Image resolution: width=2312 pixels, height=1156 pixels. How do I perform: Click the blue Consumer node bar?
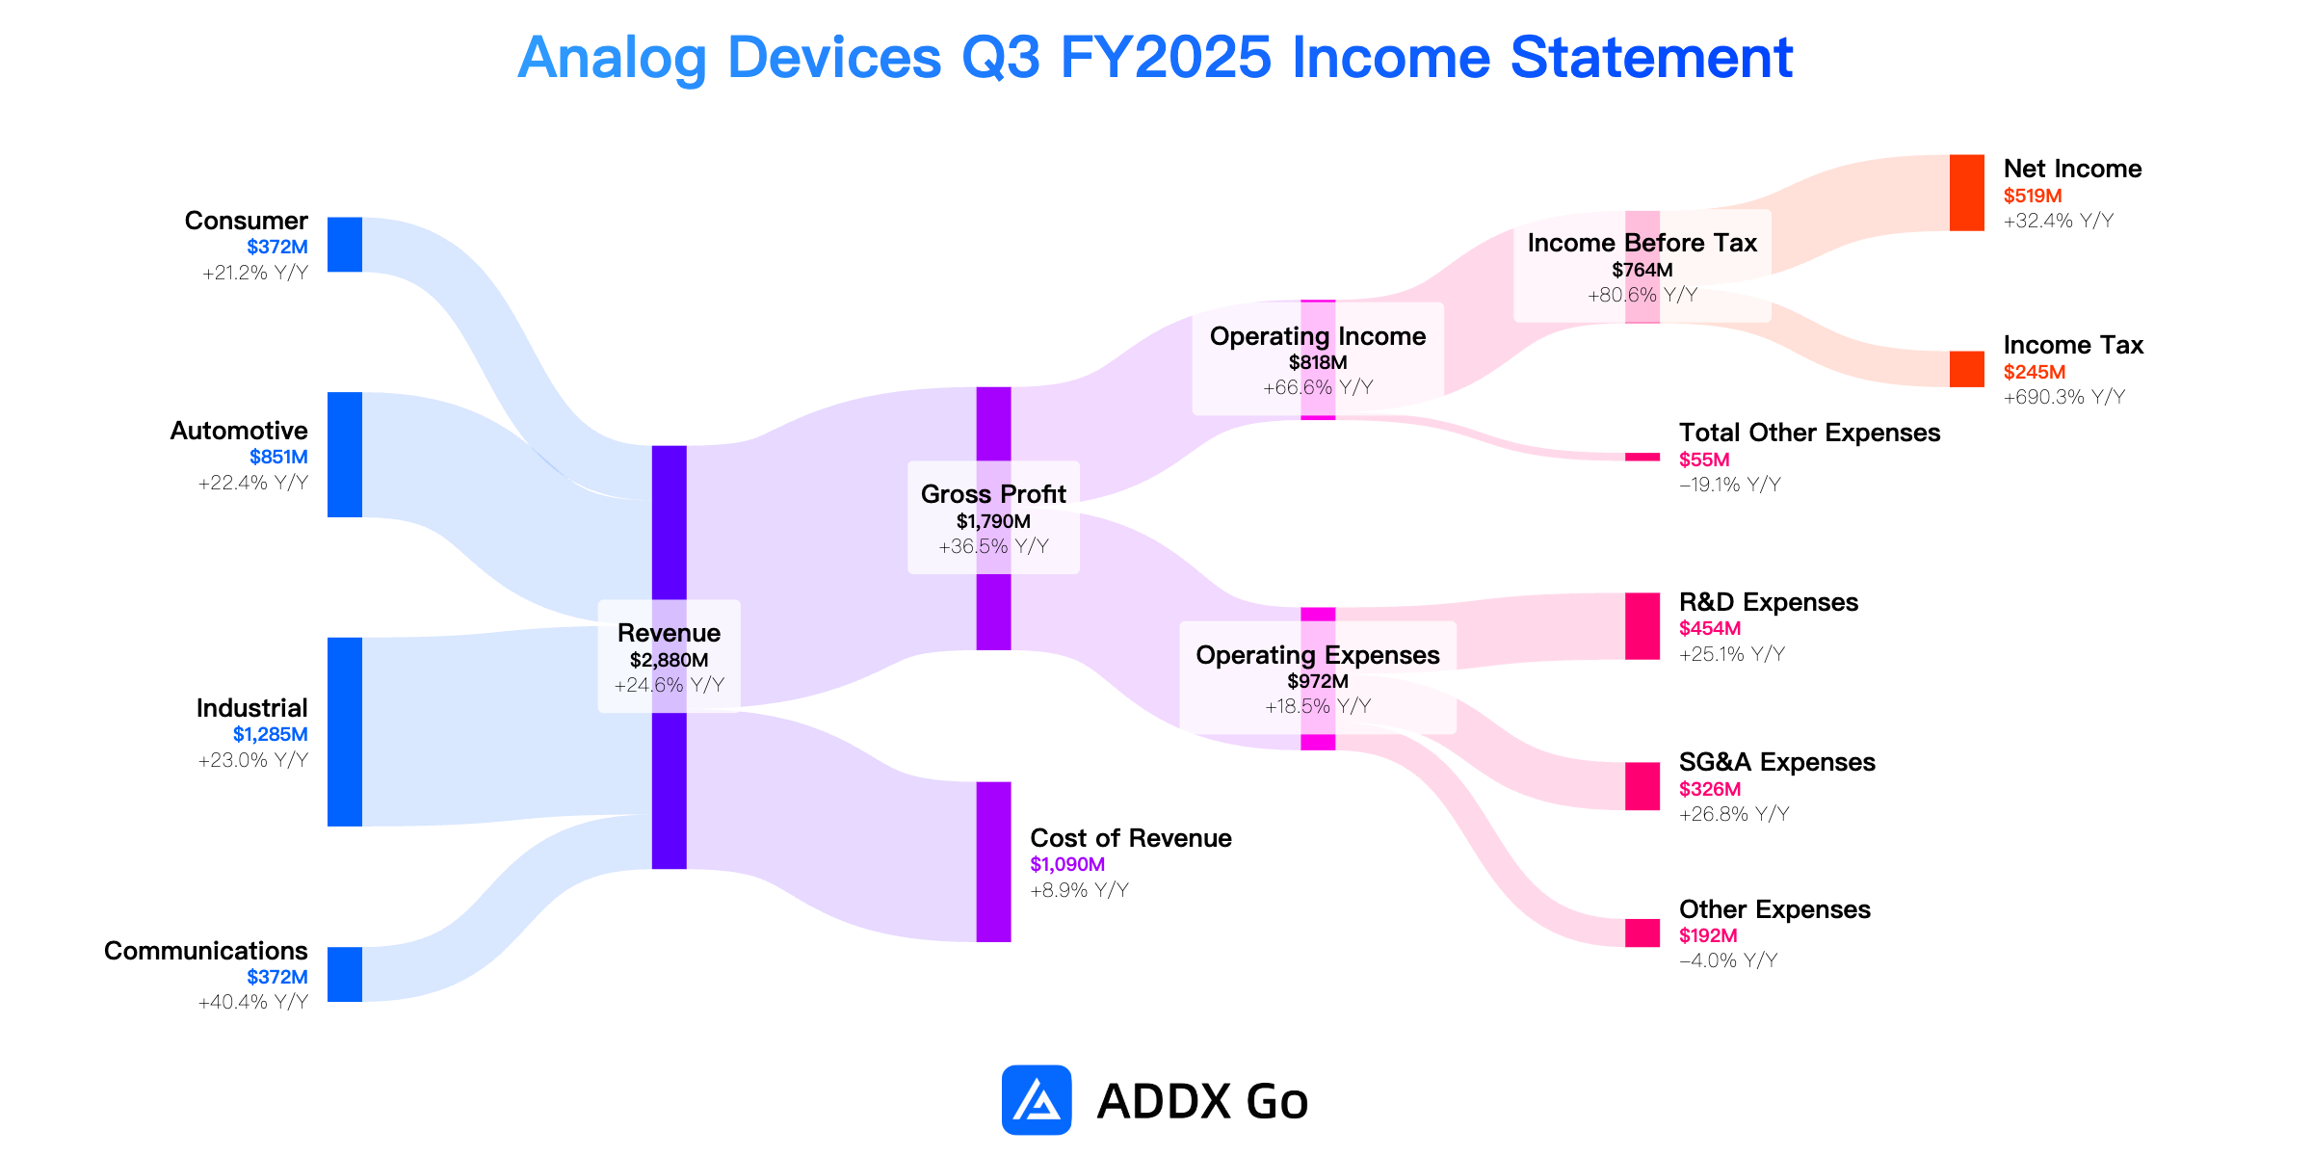(x=345, y=245)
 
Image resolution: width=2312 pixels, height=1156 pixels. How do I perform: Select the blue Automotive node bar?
(x=345, y=455)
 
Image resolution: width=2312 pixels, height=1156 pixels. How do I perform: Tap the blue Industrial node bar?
(x=345, y=732)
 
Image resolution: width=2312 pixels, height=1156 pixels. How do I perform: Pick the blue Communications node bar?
(x=345, y=974)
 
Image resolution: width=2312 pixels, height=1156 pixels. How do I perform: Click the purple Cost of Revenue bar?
(x=994, y=862)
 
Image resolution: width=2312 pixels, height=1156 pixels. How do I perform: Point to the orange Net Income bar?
(x=1967, y=193)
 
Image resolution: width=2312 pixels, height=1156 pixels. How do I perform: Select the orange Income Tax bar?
(x=1967, y=369)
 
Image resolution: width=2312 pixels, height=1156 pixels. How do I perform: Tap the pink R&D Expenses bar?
(x=1642, y=626)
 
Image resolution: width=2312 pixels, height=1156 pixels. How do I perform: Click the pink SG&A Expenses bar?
(x=1642, y=786)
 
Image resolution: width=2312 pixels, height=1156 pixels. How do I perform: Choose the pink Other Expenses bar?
(x=1642, y=933)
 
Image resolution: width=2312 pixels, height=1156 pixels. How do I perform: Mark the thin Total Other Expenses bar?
(x=1642, y=457)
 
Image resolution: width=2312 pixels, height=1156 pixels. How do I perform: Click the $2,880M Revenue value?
(x=670, y=660)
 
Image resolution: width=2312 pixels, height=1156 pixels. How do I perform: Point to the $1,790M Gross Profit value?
(x=993, y=521)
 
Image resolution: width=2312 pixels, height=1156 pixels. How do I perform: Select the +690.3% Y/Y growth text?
(x=2064, y=397)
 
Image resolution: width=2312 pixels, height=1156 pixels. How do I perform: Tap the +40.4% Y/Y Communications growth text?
(x=253, y=1002)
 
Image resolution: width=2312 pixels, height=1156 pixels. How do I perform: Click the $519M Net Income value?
(x=2033, y=196)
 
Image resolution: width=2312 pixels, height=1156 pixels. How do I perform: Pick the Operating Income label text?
(x=1318, y=336)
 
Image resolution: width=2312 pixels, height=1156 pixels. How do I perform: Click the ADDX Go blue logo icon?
(x=1037, y=1100)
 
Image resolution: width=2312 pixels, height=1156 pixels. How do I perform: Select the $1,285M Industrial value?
(x=271, y=734)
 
